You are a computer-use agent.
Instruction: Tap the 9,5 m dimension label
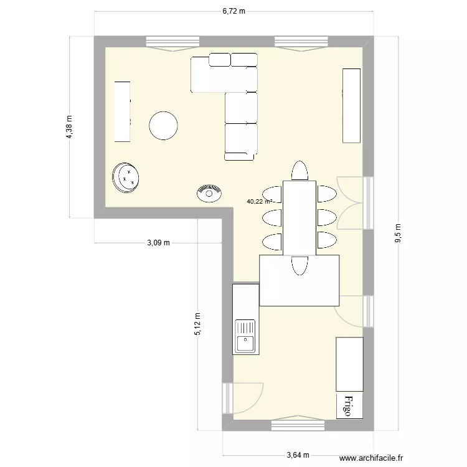coord(399,233)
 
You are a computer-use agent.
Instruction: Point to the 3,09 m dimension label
coord(158,243)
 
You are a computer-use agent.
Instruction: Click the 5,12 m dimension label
coord(198,324)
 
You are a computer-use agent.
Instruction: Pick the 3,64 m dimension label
coord(298,455)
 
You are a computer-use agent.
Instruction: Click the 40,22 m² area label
coord(260,202)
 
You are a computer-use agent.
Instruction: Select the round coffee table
coord(164,125)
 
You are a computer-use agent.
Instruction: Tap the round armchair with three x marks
coord(126,177)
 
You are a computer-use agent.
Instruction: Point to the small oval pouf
coord(210,193)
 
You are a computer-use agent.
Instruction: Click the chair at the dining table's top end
coord(300,171)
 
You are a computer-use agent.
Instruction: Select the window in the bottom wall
coord(298,425)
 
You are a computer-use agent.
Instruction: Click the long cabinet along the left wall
coord(122,111)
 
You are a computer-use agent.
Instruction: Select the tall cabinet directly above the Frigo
coord(349,364)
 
